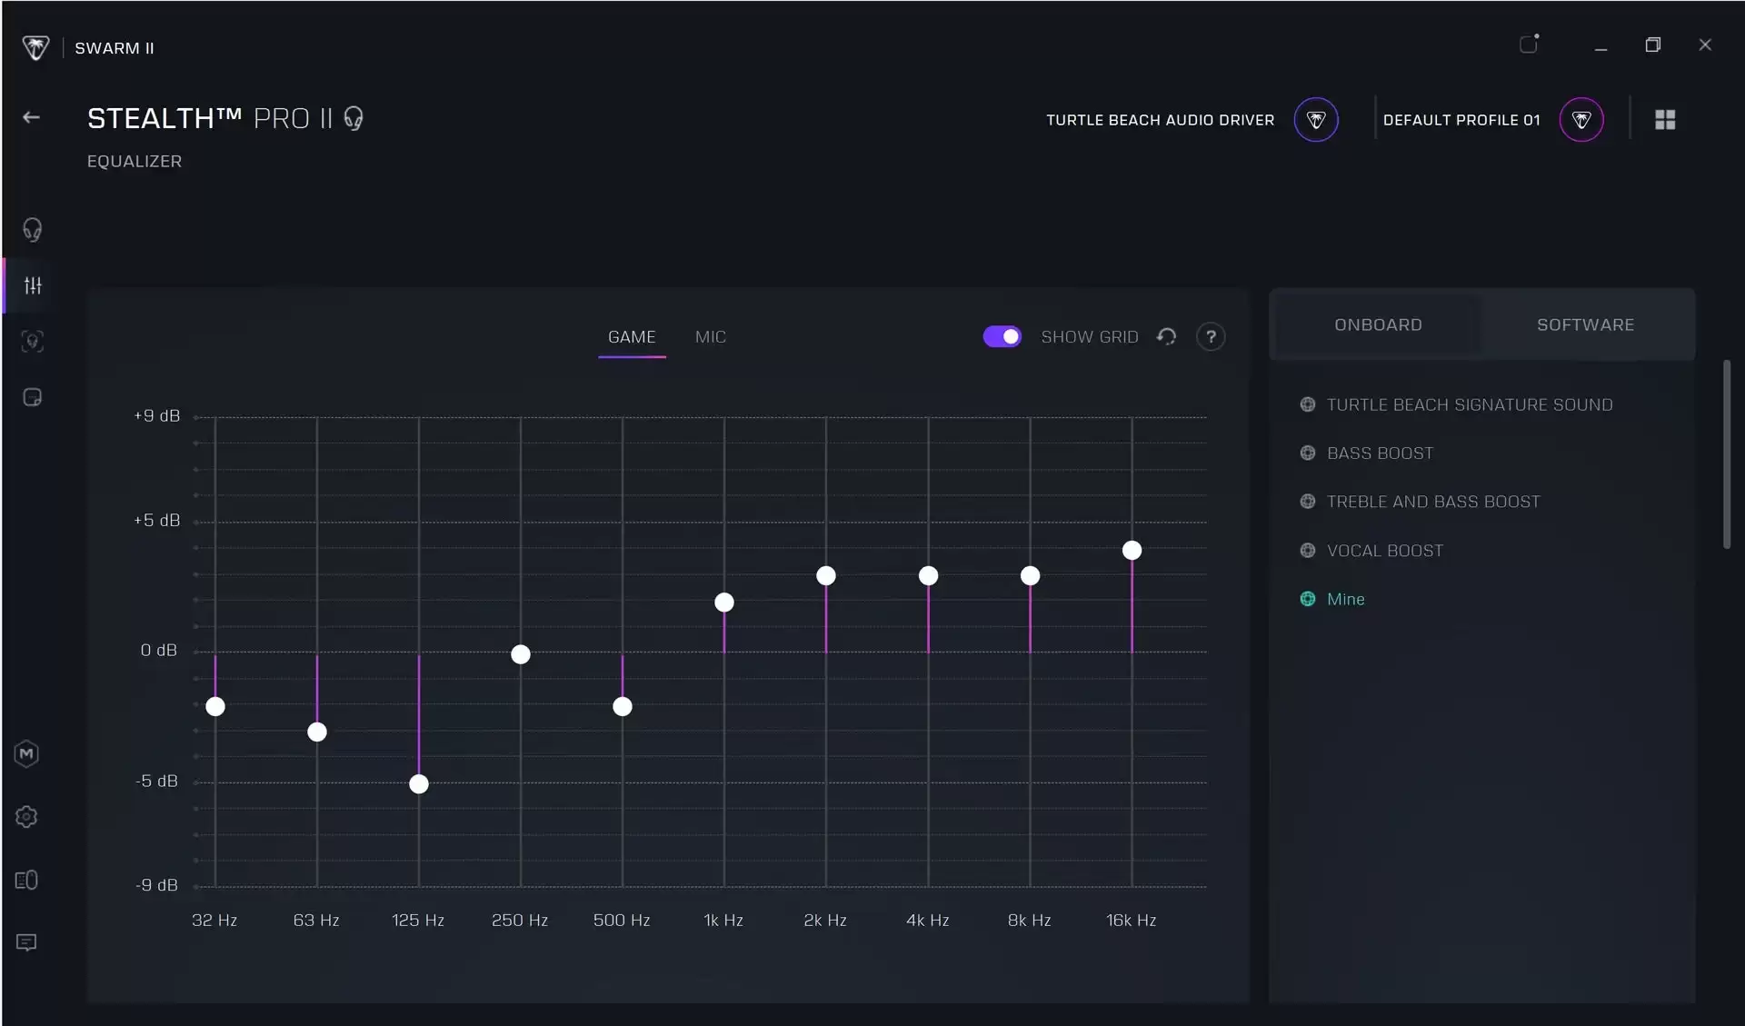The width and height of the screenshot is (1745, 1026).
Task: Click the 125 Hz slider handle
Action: click(419, 784)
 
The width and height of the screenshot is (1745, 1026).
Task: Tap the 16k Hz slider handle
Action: click(1132, 551)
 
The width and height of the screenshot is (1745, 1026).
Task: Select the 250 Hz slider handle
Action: click(521, 654)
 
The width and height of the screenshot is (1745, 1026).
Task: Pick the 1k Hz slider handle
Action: click(724, 603)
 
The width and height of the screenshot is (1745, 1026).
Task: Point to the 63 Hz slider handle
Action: click(317, 732)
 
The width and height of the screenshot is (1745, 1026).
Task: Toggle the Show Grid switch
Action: click(1002, 337)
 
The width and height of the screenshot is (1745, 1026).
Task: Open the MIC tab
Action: click(711, 337)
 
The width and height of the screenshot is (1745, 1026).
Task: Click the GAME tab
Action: click(632, 337)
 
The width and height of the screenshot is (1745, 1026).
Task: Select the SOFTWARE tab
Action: click(1586, 325)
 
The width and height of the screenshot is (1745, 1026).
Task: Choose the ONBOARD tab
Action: click(1378, 325)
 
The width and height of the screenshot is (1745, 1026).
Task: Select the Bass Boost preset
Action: click(1380, 453)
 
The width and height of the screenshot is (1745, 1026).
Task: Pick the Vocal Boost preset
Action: click(1384, 551)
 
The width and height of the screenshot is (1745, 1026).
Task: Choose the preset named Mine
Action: click(1345, 599)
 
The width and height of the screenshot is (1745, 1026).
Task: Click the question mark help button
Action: click(1211, 337)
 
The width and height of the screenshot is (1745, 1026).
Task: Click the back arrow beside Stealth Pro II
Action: click(32, 117)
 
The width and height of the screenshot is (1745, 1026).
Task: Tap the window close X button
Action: click(1705, 45)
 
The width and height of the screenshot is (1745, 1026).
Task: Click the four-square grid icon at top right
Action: click(1665, 120)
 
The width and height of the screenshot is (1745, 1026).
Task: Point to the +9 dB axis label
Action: click(157, 416)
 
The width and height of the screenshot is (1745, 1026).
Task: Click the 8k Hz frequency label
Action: click(1030, 921)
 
